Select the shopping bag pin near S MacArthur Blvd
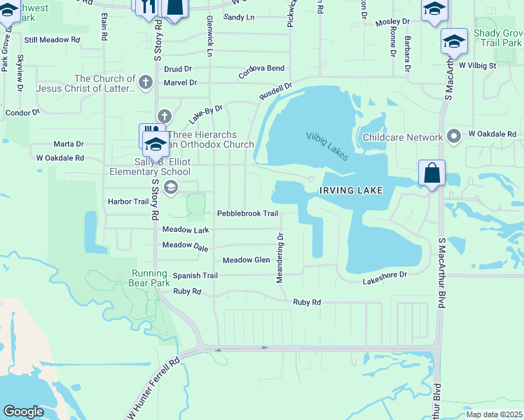432,174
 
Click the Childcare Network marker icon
454,135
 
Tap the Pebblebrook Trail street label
247,213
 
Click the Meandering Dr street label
280,258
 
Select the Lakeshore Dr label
385,280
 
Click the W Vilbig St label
477,66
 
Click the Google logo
24,412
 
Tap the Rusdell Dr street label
275,91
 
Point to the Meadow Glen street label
246,260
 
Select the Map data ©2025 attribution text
493,414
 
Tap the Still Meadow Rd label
52,40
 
